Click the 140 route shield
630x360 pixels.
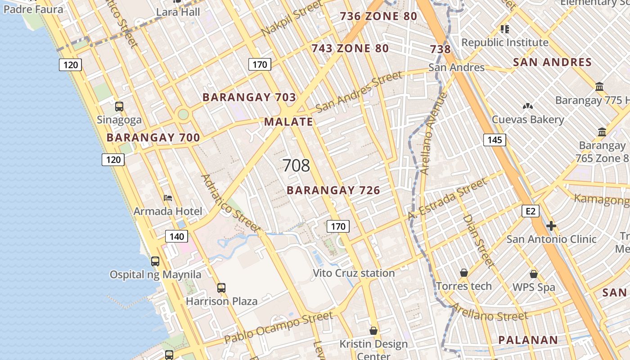tap(176, 236)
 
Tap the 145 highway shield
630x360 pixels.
tap(495, 140)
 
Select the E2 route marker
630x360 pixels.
tap(531, 211)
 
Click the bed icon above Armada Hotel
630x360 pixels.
tap(168, 198)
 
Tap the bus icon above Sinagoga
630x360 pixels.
tap(119, 107)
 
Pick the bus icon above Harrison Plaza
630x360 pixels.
tap(221, 288)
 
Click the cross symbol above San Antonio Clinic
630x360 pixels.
tap(551, 226)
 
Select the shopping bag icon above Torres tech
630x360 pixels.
tap(464, 273)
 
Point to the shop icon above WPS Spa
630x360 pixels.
tap(534, 274)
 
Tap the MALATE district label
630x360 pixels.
tap(288, 121)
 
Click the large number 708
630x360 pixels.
tap(297, 166)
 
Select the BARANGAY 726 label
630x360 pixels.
tap(333, 190)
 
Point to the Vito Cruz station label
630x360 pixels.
tap(354, 273)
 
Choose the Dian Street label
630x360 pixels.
tap(478, 241)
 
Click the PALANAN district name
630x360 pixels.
tap(528, 340)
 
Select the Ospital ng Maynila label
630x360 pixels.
tap(156, 274)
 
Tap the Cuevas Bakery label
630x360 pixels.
tap(528, 120)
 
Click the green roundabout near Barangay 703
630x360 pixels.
tap(183, 114)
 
